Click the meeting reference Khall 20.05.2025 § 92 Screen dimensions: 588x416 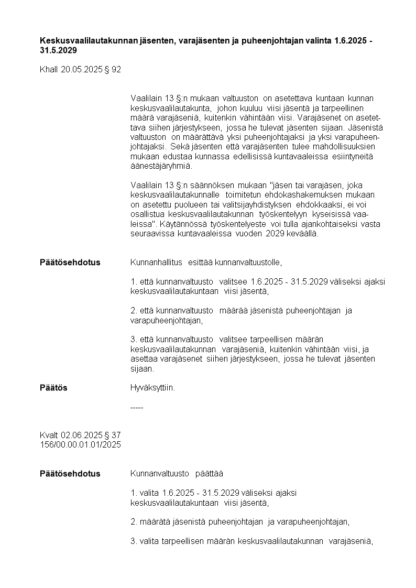[80, 69]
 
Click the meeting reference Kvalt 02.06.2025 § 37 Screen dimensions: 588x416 [80, 435]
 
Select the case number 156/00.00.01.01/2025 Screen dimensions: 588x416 [80, 444]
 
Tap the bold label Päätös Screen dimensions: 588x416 [53, 388]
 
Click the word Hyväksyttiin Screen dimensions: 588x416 [152, 388]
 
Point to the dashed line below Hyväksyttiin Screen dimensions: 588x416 [136, 407]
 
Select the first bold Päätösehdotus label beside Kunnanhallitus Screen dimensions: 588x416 [70, 262]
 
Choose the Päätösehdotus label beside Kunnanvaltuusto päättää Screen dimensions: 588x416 [70, 474]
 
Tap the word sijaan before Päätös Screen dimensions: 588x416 [141, 368]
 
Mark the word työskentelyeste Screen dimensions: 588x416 [238, 224]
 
